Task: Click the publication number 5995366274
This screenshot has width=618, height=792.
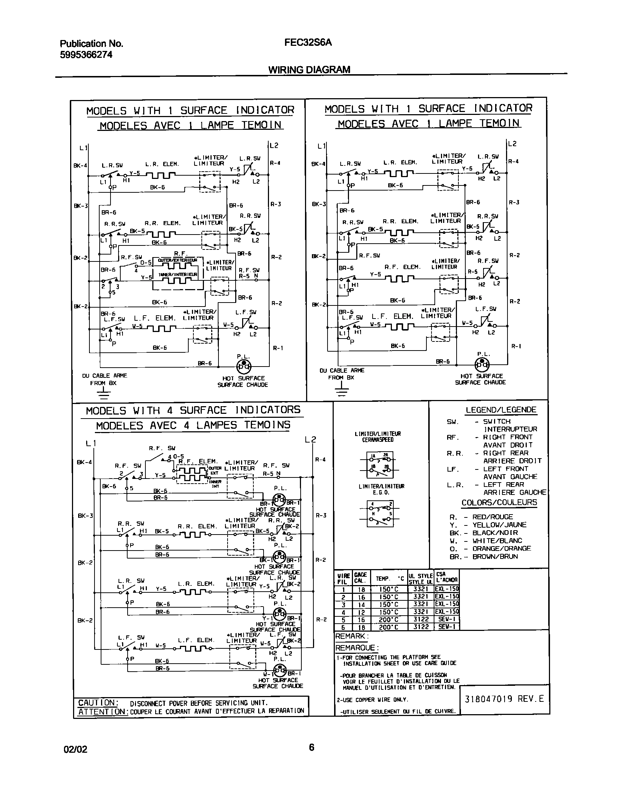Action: coord(86,55)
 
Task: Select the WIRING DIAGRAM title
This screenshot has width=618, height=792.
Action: coord(309,69)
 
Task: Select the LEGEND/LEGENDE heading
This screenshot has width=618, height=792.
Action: coord(501,410)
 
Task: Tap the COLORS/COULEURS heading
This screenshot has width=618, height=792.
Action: coord(499,503)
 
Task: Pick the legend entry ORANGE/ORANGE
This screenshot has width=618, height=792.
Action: coord(502,548)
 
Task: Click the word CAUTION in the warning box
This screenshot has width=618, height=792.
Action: coord(97,703)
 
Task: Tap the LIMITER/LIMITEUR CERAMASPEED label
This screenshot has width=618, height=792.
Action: coord(378,437)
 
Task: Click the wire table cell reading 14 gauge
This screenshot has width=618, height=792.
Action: coord(362,605)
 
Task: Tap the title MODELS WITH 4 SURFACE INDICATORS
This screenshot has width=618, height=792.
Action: coord(193,411)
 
